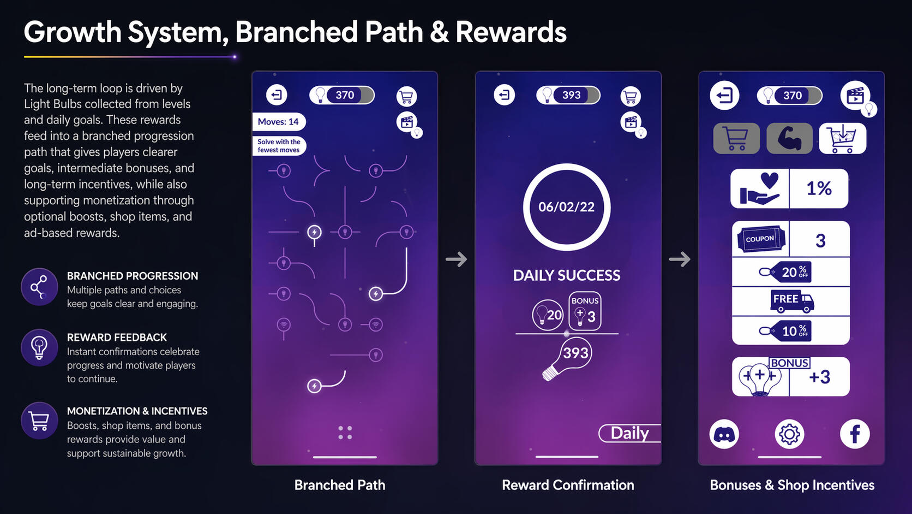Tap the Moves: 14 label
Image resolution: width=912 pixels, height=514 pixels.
tap(279, 122)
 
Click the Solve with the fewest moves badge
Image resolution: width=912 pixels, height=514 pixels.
tap(279, 146)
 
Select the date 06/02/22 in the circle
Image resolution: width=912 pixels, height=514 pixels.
tap(566, 207)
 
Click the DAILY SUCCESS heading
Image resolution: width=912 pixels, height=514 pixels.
tap(566, 275)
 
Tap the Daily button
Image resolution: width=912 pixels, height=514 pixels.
tap(629, 433)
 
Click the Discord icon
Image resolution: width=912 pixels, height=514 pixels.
tap(724, 434)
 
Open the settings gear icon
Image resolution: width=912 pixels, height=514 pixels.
tap(789, 434)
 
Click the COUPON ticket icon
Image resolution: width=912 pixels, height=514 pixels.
tap(760, 239)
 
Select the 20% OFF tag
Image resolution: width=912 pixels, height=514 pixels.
tap(785, 272)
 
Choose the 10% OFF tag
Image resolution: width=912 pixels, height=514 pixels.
tap(785, 330)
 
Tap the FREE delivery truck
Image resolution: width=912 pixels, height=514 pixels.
tap(792, 301)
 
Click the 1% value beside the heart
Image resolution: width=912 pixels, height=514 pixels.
tap(819, 188)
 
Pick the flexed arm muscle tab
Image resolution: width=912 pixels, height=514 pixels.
tap(789, 139)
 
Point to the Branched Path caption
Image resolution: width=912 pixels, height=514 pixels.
tap(340, 485)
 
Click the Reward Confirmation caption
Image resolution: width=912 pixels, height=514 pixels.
tap(568, 485)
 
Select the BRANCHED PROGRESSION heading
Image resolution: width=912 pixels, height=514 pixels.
tap(133, 276)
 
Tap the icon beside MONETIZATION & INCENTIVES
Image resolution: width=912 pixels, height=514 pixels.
tap(39, 421)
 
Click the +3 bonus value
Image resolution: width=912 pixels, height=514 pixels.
tap(820, 377)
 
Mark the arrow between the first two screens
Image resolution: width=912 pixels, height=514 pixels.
tap(457, 259)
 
